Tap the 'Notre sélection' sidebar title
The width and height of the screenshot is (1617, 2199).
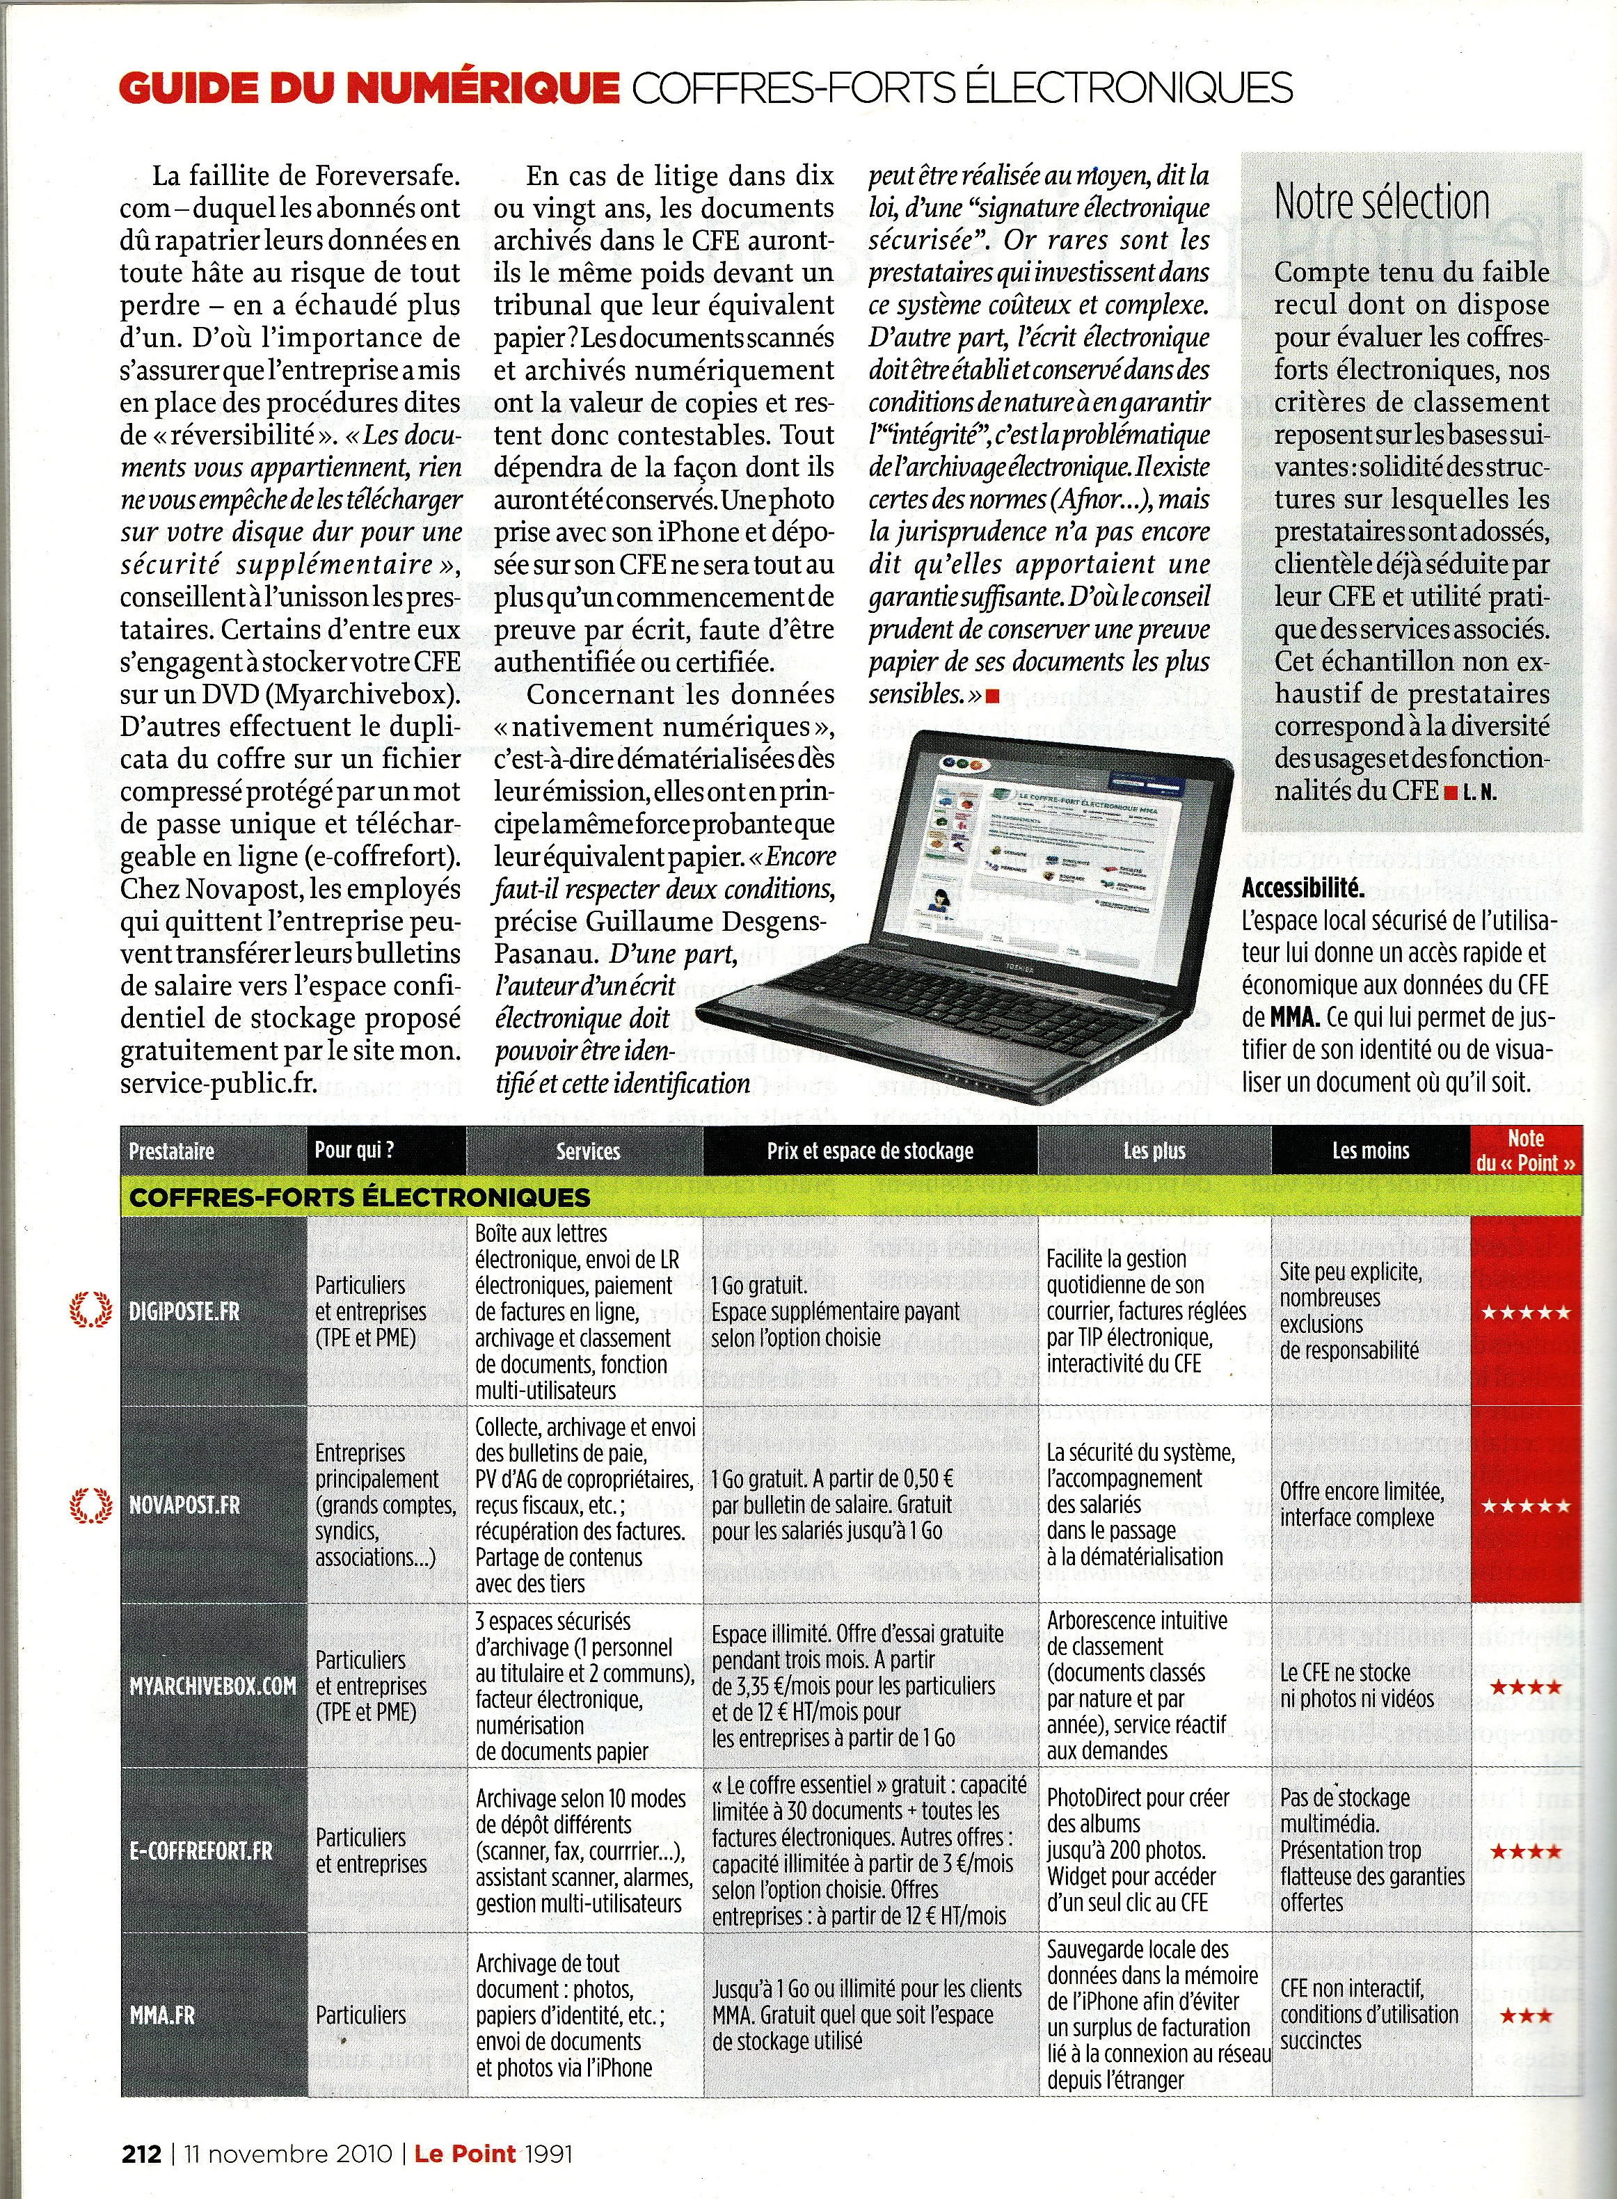(x=1381, y=202)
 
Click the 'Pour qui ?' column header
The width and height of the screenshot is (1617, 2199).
(x=354, y=1150)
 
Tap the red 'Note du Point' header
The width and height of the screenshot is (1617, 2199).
(x=1526, y=1151)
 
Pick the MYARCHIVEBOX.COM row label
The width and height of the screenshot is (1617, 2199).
(x=212, y=1685)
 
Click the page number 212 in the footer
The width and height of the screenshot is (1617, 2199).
(x=141, y=2153)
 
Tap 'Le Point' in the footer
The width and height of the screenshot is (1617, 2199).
(x=465, y=2153)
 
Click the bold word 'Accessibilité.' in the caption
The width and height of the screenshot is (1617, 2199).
(x=1303, y=888)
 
